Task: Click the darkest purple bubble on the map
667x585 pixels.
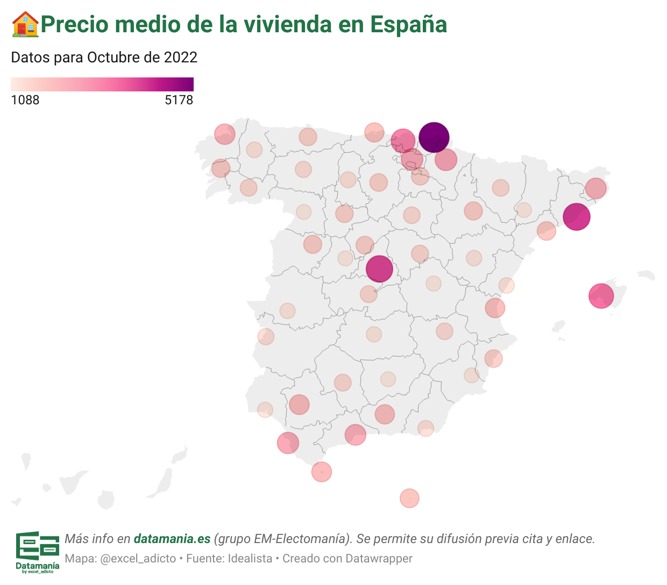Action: point(434,137)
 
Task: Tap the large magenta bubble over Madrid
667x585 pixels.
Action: point(379,269)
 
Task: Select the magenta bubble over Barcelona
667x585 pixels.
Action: point(576,217)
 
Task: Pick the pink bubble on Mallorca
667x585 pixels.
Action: point(601,296)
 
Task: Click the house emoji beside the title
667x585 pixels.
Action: point(25,24)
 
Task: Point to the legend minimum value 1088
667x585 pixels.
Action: point(25,100)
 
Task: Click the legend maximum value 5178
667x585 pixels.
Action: point(179,100)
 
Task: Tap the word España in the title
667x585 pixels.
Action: point(408,24)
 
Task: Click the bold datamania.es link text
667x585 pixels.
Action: point(172,539)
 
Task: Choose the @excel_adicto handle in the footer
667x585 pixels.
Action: point(138,559)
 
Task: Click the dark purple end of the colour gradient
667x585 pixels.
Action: point(189,84)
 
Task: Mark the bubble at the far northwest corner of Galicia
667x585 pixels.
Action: point(224,134)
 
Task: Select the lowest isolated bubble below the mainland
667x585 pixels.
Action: point(409,498)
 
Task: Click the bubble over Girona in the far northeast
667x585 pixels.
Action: point(595,188)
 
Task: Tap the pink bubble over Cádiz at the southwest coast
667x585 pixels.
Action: point(288,443)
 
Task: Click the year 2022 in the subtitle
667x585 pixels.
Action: point(180,58)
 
